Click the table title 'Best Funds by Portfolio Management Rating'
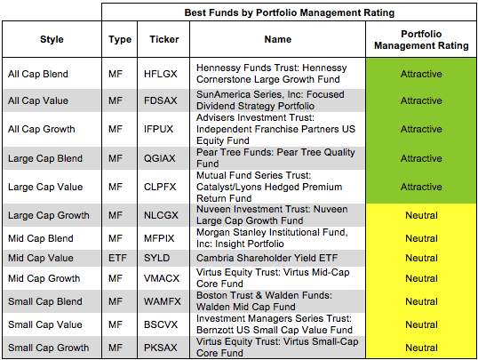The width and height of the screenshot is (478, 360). pos(290,12)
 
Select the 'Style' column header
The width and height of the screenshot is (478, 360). pos(52,39)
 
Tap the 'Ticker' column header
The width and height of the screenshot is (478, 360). pos(164,39)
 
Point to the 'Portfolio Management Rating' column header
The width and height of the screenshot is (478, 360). pos(421,40)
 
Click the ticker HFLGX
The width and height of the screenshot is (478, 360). pos(160,74)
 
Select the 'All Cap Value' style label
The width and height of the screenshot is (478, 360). pos(38,100)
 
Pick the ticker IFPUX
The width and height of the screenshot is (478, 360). pos(158,129)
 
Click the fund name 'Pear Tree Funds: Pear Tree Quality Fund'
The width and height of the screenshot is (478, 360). pos(275,158)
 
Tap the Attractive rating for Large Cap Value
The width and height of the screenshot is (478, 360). pos(421,187)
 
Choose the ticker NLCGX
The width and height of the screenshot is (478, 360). pos(161,215)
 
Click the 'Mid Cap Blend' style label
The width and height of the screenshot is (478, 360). pos(41,238)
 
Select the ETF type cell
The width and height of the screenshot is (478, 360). pos(117,258)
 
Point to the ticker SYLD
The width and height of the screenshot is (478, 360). pos(156,258)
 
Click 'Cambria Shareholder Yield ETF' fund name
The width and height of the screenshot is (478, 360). pos(267,258)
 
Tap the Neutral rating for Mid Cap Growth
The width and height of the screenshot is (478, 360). pos(422,278)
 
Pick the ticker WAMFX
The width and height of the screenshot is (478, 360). pos(163,301)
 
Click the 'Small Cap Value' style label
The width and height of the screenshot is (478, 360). pos(45,324)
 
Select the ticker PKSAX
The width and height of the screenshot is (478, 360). pos(160,348)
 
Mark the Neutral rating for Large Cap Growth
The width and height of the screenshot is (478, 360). pos(422,215)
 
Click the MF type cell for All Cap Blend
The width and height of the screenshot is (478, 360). pos(116,74)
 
